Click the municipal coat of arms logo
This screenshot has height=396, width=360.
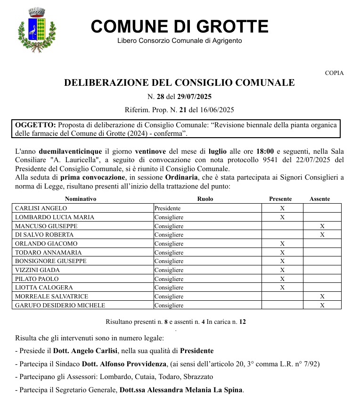[x=36, y=30]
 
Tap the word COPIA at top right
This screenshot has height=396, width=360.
[x=334, y=73]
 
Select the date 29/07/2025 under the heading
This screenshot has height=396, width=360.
[x=195, y=97]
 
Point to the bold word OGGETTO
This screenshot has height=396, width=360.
[x=35, y=125]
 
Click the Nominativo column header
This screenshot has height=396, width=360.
[x=81, y=199]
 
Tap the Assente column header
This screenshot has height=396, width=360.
[x=320, y=199]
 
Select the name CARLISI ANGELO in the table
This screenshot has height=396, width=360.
[x=41, y=208]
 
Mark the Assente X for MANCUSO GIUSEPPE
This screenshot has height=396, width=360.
[x=322, y=226]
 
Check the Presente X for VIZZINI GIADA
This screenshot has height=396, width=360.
[x=282, y=270]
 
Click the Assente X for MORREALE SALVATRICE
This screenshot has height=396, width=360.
[x=322, y=297]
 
